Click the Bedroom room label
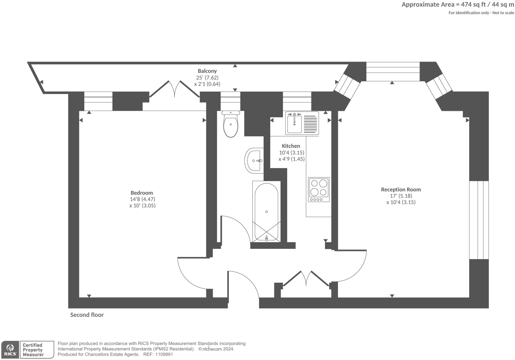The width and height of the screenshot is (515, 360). [x=142, y=193]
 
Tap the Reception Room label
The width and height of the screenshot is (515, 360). [x=401, y=189]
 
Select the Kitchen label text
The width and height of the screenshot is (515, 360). [x=291, y=146]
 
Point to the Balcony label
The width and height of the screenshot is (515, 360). [x=207, y=71]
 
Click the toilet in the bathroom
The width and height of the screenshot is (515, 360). [x=230, y=125]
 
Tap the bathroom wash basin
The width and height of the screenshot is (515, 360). [x=254, y=161]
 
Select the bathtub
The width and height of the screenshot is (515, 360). [x=266, y=211]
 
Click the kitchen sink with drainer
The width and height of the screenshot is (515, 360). [x=302, y=123]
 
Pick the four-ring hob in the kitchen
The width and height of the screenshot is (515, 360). [x=319, y=189]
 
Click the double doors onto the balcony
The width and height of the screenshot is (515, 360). [x=175, y=89]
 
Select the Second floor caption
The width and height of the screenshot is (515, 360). [x=87, y=315]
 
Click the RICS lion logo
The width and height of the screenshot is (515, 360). [x=10, y=349]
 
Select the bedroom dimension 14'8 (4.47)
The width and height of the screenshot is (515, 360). [x=142, y=199]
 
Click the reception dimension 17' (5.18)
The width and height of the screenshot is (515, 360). [x=401, y=196]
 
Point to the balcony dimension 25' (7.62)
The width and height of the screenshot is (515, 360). [x=207, y=78]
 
